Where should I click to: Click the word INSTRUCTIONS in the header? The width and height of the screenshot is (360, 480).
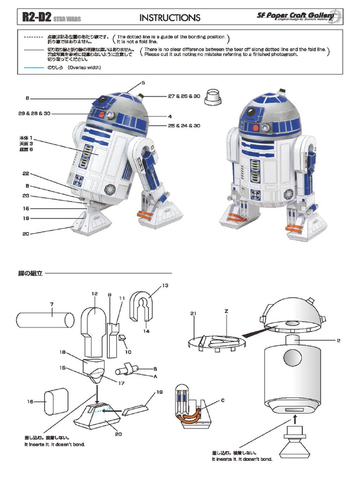(170, 18)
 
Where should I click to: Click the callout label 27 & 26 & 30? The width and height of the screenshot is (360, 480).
(184, 96)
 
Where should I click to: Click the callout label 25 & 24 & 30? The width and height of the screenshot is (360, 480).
(184, 126)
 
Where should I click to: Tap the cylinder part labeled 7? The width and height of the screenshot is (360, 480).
(45, 321)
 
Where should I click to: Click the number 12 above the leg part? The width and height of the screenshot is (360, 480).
(94, 294)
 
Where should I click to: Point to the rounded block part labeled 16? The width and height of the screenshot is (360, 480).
(56, 401)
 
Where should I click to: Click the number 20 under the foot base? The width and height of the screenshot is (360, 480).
(119, 434)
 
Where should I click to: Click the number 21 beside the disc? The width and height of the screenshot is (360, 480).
(193, 313)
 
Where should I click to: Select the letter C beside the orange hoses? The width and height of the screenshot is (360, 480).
(223, 400)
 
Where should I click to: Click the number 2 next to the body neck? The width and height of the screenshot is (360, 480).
(338, 340)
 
